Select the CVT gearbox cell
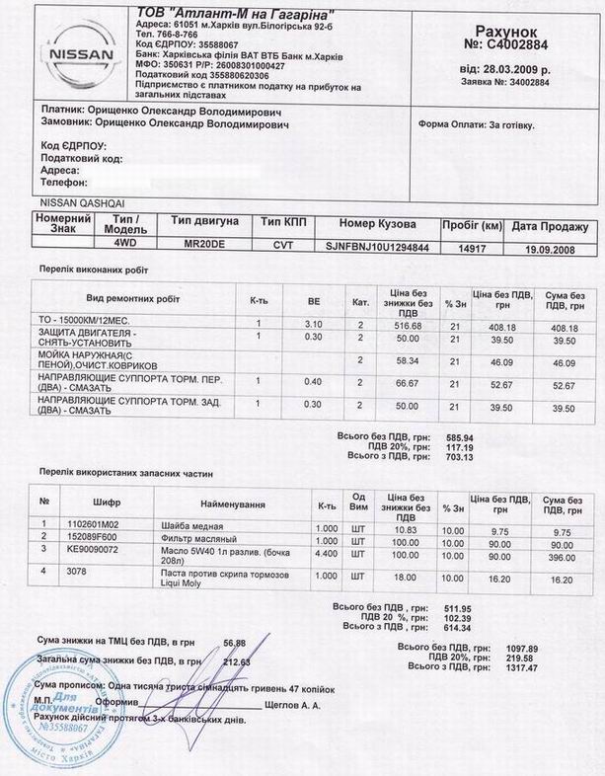283,246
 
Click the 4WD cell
125,242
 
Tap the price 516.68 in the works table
408,325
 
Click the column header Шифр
106,502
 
